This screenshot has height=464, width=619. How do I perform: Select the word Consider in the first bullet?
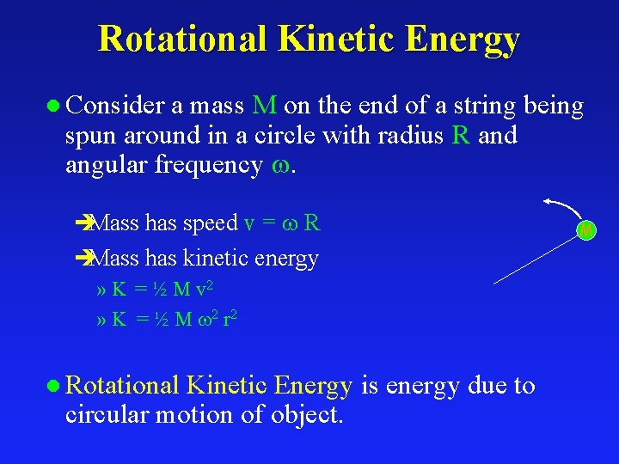click(116, 106)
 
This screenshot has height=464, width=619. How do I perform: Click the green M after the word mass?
click(265, 106)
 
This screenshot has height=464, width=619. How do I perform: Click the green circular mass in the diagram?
click(585, 230)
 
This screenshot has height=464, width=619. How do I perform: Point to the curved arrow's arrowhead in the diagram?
click(548, 202)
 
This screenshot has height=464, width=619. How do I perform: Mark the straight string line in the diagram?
click(536, 258)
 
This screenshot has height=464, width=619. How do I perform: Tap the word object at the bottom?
click(306, 415)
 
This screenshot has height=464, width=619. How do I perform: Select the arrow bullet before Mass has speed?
click(83, 223)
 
